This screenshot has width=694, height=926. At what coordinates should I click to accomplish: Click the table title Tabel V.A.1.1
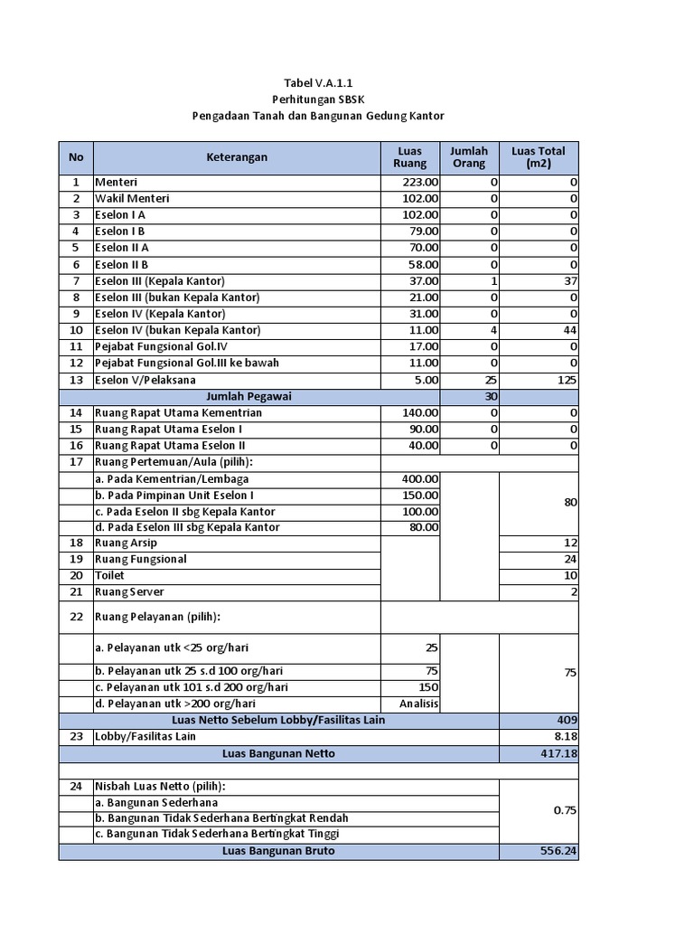pyautogui.click(x=318, y=83)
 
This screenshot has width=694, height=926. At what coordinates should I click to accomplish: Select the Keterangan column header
pyautogui.click(x=237, y=157)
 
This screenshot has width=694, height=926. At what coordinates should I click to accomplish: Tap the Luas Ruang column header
pyautogui.click(x=410, y=157)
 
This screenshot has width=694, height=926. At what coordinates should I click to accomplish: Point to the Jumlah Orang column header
pyautogui.click(x=469, y=157)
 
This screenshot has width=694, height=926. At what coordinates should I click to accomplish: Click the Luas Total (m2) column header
pyautogui.click(x=538, y=157)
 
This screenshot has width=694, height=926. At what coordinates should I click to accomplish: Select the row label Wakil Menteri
pyautogui.click(x=132, y=198)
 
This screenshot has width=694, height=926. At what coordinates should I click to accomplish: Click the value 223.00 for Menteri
pyautogui.click(x=422, y=182)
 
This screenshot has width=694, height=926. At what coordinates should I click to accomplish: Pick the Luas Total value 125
pyautogui.click(x=567, y=380)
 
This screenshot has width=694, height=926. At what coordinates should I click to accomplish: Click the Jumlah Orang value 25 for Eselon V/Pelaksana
pyautogui.click(x=491, y=380)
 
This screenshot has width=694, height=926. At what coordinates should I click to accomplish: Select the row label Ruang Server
pyautogui.click(x=130, y=591)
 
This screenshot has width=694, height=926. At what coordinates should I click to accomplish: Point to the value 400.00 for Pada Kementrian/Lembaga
pyautogui.click(x=420, y=478)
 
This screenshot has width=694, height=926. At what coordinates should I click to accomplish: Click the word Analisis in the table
pyautogui.click(x=420, y=704)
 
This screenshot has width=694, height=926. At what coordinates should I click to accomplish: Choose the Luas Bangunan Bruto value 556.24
pyautogui.click(x=554, y=852)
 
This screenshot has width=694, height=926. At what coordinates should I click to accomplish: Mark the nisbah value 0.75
pyautogui.click(x=565, y=810)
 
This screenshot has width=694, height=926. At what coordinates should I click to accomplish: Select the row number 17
pyautogui.click(x=76, y=462)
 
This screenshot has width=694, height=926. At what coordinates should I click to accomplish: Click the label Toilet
pyautogui.click(x=109, y=575)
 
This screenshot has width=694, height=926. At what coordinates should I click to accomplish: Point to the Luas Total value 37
pyautogui.click(x=570, y=280)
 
